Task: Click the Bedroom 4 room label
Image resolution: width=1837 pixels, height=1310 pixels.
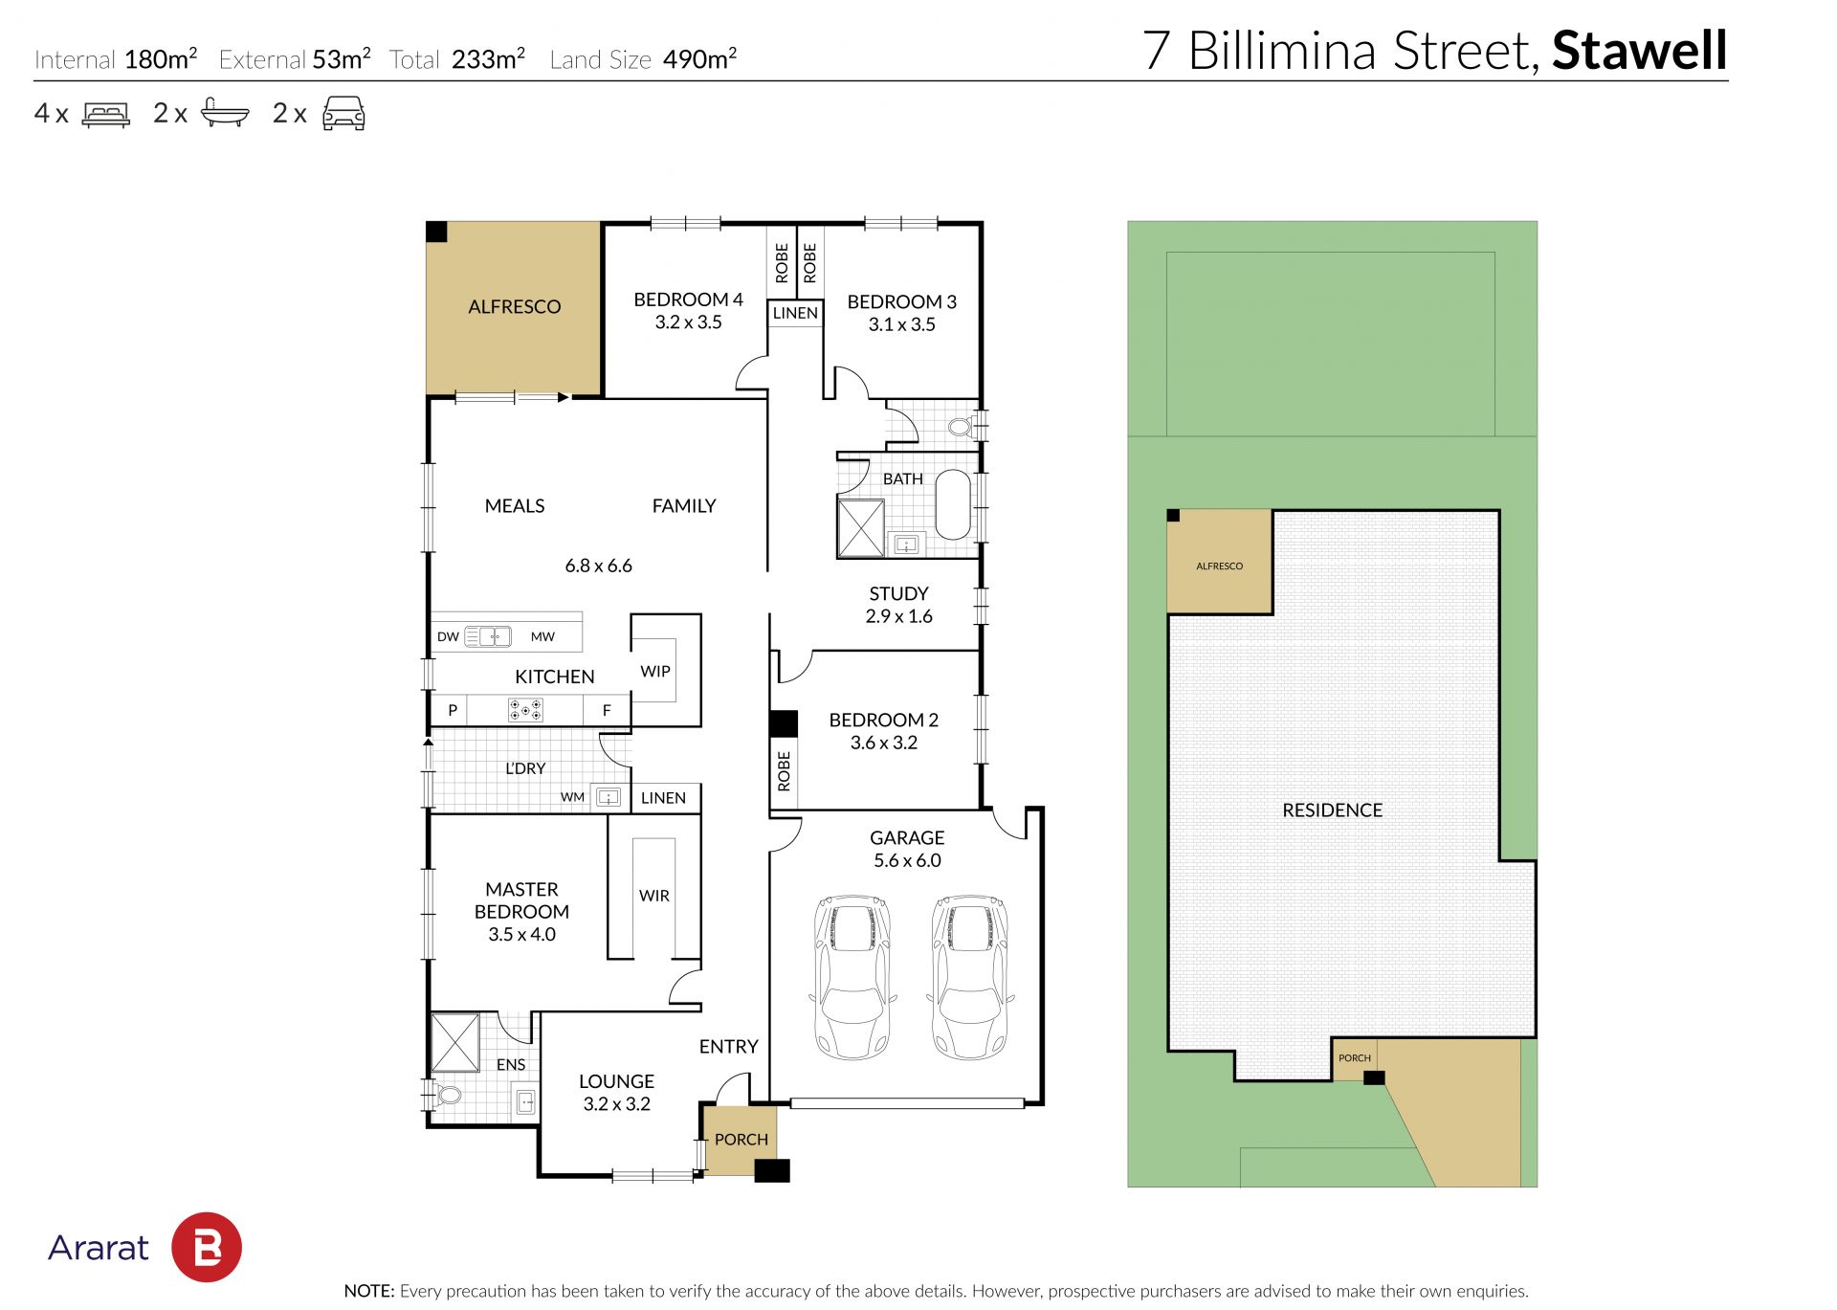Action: [688, 300]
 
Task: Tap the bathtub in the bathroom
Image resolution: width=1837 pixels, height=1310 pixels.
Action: [952, 504]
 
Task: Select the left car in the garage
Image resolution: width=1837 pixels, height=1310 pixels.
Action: [852, 976]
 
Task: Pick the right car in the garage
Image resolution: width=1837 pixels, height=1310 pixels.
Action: [970, 976]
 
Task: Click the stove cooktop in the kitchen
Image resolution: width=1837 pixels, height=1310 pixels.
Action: [525, 710]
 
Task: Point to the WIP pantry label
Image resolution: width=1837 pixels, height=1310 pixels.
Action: [655, 672]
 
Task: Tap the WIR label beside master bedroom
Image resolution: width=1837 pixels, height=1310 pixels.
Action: [654, 896]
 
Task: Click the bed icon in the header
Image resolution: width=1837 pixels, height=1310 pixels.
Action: [106, 115]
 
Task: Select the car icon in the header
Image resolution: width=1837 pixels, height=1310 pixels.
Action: [343, 113]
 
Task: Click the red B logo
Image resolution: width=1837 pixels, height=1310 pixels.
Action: [207, 1247]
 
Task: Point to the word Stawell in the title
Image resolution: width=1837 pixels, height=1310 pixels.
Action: [1639, 51]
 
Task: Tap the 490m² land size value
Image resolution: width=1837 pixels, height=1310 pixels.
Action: [699, 59]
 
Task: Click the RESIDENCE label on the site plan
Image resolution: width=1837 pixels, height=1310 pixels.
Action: [1332, 810]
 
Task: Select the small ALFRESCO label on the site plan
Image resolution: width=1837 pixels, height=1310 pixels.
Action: [1219, 566]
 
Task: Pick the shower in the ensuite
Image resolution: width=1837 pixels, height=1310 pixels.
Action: [454, 1042]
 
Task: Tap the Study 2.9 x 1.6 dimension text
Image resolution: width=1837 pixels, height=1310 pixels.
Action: [898, 616]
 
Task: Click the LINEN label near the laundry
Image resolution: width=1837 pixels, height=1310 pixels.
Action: [663, 798]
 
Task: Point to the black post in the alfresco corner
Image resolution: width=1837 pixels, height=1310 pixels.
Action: [436, 232]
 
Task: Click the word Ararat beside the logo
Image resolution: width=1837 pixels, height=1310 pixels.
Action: [99, 1248]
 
